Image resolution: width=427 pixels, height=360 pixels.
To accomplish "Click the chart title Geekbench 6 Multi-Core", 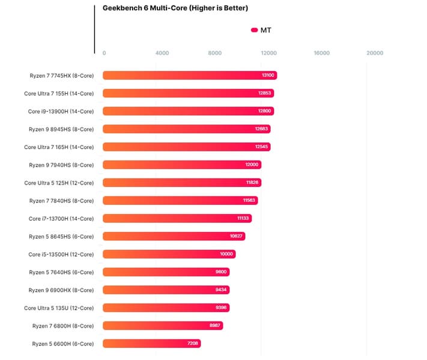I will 167,8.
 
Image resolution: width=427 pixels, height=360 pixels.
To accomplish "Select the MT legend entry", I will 261,30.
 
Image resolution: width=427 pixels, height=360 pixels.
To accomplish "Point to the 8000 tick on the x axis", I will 215,53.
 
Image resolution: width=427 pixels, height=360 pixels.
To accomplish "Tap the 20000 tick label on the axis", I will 375,53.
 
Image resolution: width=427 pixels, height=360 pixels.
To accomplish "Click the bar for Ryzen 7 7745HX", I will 189,76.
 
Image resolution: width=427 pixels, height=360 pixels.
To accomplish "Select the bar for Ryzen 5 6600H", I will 151,344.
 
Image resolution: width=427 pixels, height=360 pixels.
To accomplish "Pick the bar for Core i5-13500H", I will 169,254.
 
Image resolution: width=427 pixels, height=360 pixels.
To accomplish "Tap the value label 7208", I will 192,344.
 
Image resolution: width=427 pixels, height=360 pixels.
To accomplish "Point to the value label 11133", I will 243,219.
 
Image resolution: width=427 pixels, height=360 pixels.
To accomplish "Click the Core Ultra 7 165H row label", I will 59,147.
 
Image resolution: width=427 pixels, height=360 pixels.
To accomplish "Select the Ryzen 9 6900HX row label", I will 61,290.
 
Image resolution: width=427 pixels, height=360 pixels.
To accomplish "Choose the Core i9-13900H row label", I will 61,111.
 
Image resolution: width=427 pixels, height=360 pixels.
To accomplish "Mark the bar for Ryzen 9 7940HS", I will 182,165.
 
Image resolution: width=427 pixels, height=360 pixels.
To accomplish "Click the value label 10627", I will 236,236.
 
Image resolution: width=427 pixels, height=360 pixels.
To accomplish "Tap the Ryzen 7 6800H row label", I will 63,326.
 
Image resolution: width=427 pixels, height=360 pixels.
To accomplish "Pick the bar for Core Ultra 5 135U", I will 166,308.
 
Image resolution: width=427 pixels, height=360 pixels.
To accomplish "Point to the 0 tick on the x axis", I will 104,53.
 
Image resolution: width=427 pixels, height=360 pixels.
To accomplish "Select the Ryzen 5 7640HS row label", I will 61,272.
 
